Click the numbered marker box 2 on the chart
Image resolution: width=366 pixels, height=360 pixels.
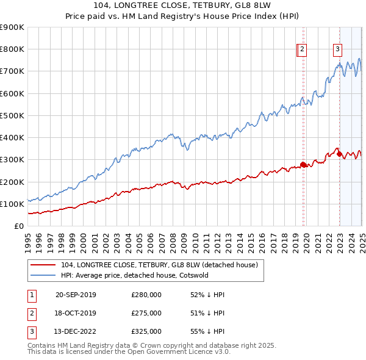(303, 51)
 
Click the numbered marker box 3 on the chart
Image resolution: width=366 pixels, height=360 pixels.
(338, 51)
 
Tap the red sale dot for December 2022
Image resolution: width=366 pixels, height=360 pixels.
(339, 154)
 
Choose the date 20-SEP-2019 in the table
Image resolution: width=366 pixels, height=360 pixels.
(76, 295)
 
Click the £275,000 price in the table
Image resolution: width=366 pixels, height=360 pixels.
(146, 314)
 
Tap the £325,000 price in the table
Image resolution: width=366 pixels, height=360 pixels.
(146, 332)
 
